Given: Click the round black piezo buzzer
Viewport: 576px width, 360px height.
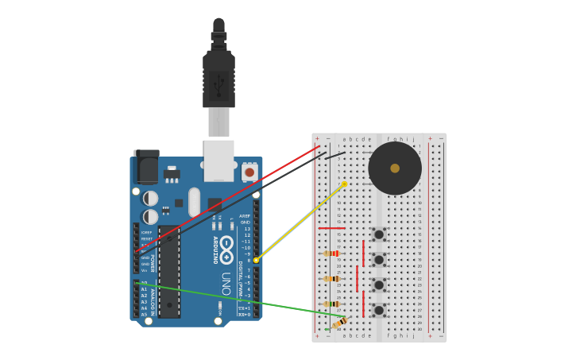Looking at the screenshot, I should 395,168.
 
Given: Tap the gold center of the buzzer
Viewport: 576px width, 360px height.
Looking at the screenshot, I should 395,168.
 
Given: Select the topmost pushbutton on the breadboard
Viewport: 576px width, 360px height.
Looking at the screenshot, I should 379,234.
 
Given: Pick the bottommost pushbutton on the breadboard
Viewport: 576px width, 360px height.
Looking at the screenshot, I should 379,310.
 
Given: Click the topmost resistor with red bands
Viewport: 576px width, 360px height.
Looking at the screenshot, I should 332,254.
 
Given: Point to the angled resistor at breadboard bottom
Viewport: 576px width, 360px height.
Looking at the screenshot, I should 339,323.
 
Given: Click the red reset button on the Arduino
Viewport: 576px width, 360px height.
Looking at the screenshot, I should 249,172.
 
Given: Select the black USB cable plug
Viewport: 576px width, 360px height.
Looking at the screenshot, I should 218,79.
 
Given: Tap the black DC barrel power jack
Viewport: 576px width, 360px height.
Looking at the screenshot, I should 146,167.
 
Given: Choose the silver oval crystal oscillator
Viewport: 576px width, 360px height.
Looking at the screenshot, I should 195,202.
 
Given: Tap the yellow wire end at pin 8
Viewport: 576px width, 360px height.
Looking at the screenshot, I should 256,260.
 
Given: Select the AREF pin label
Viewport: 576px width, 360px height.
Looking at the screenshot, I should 245,216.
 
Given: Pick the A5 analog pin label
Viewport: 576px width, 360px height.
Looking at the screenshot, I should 144,315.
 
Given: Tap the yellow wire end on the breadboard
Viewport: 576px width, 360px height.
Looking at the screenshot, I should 344,184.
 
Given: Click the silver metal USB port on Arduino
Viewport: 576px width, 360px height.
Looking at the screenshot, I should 218,160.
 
